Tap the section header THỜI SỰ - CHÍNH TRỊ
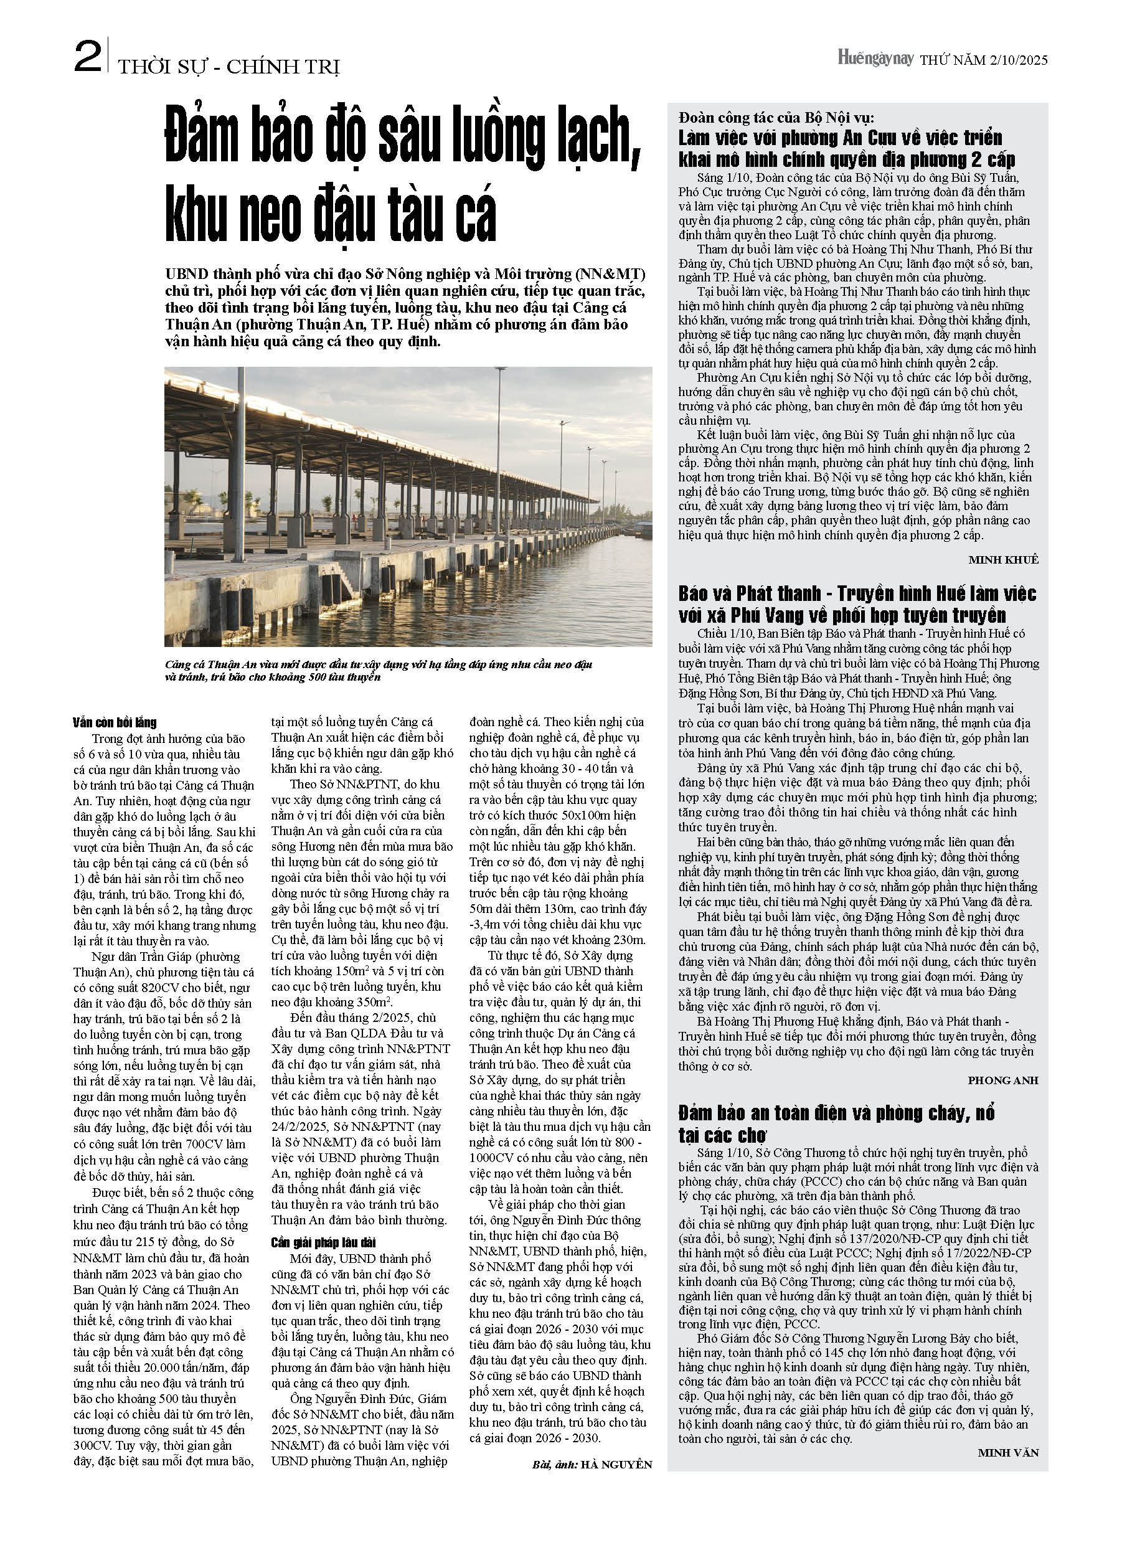point(229,67)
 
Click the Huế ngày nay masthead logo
point(875,59)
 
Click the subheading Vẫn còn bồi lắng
point(115,723)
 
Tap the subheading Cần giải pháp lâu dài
point(324,1242)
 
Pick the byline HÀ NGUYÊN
point(616,1465)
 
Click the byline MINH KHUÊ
point(1003,560)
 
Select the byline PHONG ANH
point(1003,1080)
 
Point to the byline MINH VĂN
point(1007,1453)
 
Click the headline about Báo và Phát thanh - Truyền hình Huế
point(856,604)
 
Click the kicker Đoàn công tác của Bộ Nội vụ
point(776,118)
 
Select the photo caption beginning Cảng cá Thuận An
point(378,670)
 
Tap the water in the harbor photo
point(545,600)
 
